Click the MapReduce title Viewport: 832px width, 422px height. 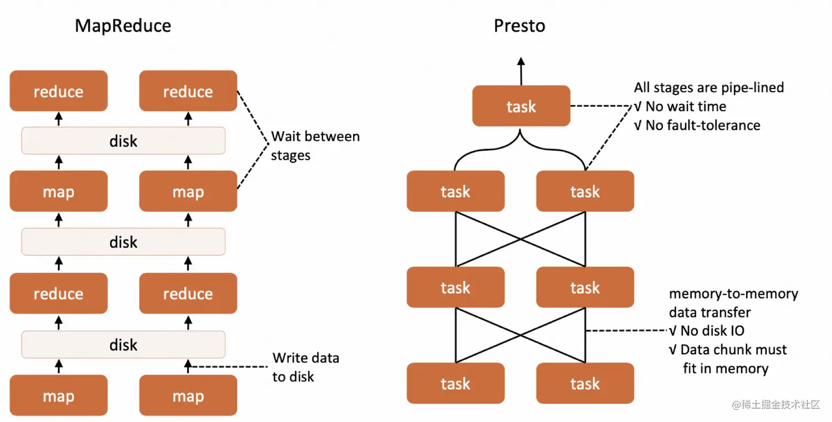click(x=123, y=26)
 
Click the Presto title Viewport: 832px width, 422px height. click(x=519, y=26)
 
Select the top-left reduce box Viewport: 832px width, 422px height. click(x=58, y=91)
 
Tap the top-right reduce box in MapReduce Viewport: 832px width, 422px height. click(x=188, y=91)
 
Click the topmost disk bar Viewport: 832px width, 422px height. click(x=123, y=141)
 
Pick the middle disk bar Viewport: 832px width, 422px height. click(x=123, y=242)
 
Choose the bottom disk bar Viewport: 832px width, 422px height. click(x=123, y=344)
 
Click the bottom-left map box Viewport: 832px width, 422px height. click(x=58, y=396)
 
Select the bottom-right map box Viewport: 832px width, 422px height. click(x=188, y=396)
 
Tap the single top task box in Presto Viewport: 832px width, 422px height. click(x=521, y=106)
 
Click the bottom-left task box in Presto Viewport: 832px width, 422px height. click(x=456, y=383)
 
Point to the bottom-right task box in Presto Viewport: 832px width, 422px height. click(x=585, y=383)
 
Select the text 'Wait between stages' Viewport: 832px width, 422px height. click(x=315, y=146)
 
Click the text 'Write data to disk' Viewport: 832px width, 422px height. click(x=305, y=367)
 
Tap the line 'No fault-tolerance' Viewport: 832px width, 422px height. click(x=697, y=125)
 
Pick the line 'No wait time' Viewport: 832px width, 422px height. click(x=680, y=106)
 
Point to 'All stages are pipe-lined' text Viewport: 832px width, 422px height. click(x=709, y=87)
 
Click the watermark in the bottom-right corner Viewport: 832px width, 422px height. click(x=776, y=405)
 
